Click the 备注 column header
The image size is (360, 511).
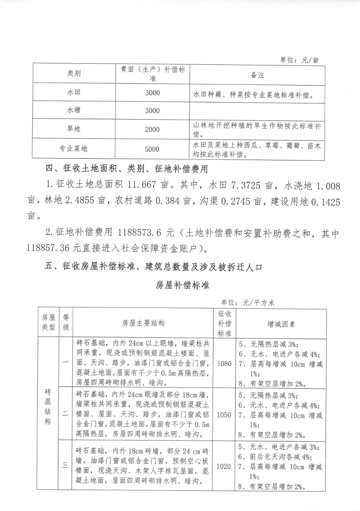[x=257, y=75]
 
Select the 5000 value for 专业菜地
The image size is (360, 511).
[x=152, y=149]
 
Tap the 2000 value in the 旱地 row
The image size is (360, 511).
[x=152, y=129]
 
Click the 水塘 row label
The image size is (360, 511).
[x=74, y=110]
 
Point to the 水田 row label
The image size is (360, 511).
[x=74, y=92]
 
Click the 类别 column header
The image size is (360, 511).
[x=74, y=73]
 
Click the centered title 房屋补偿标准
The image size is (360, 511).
[x=182, y=285]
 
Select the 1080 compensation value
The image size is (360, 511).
[x=224, y=363]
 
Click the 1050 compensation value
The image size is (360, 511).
[x=224, y=415]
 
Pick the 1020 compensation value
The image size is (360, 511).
[x=224, y=466]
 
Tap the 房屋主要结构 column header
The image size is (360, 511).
[x=143, y=323]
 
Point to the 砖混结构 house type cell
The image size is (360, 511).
[x=48, y=406]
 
